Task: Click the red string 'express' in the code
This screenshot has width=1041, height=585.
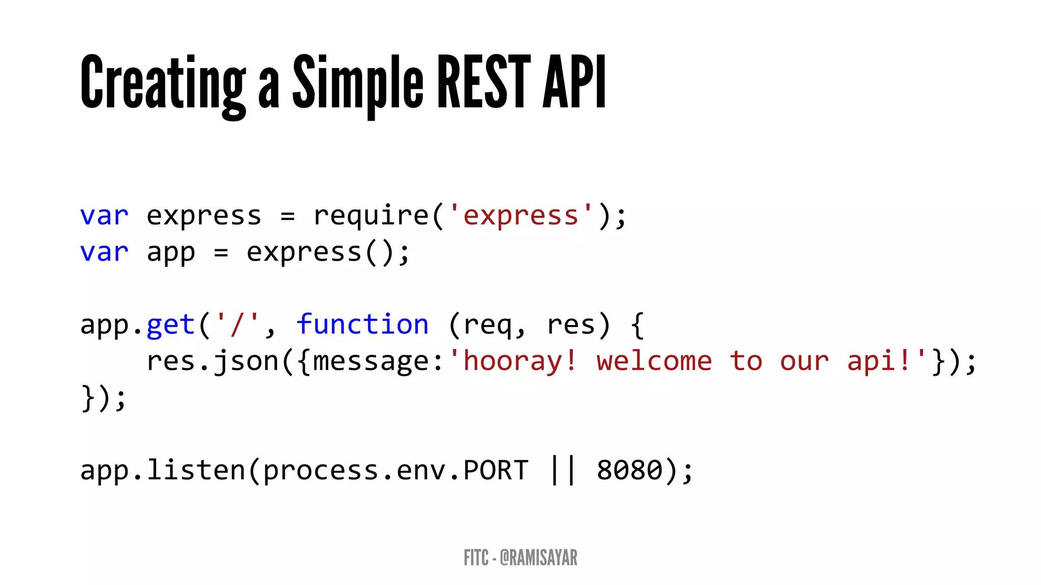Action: [521, 215]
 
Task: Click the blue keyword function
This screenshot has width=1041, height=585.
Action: [362, 324]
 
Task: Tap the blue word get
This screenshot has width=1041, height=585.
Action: [171, 325]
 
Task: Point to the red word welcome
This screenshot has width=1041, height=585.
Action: [654, 361]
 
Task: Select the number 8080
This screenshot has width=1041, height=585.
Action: [630, 470]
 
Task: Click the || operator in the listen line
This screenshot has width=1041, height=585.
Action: [563, 470]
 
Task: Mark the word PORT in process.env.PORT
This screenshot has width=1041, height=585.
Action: [496, 470]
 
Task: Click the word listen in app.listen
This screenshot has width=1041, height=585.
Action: [196, 470]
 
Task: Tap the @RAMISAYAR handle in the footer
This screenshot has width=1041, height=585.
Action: [539, 558]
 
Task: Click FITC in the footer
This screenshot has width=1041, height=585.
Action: [476, 558]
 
